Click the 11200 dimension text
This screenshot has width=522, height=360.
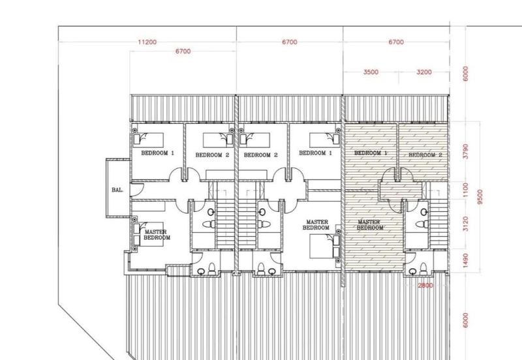coord(147,42)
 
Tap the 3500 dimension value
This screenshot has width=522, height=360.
coord(371,72)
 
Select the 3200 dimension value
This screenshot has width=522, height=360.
coord(424,72)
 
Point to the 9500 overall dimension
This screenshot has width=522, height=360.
coord(480,197)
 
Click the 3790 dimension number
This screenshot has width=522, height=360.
coord(466,151)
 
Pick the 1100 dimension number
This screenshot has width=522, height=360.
coord(466,190)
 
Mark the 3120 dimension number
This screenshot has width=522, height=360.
coord(466,224)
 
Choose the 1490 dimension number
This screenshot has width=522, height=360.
coord(466,260)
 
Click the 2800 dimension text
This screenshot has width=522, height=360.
coord(425,286)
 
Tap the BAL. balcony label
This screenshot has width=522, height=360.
coord(117,190)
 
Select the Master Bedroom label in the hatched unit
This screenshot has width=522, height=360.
coord(370,225)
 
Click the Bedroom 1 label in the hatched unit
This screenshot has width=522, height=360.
coord(371,153)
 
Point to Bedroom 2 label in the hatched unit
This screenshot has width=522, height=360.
coord(425,155)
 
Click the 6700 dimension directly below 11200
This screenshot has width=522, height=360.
coord(183,52)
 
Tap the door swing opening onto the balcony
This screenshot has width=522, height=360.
coord(137,189)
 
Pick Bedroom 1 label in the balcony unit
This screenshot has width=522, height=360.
coord(157,153)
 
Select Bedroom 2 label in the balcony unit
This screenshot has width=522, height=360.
coord(212,155)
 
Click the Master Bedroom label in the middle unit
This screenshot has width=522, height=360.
coord(316,225)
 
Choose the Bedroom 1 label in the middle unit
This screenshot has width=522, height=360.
coord(315,153)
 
